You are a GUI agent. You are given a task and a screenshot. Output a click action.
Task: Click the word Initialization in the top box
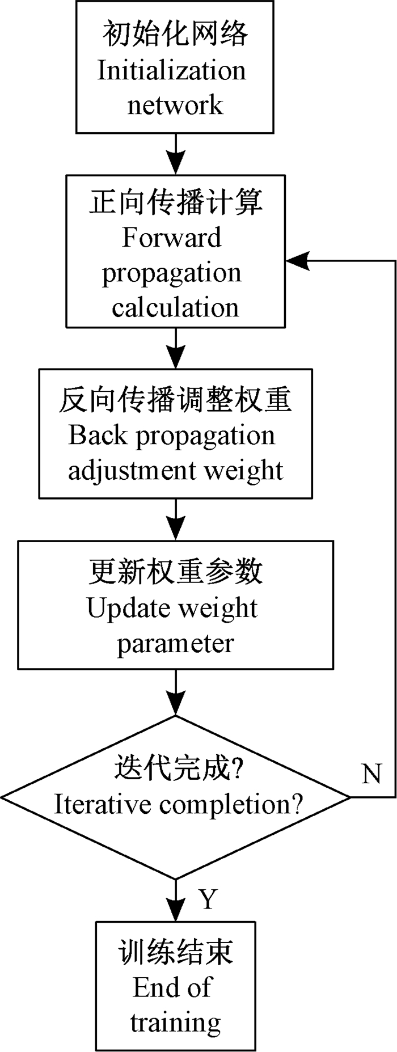[x=172, y=71]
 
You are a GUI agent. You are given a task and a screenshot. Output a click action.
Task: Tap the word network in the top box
[x=175, y=105]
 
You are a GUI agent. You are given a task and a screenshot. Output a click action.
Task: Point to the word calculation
[x=175, y=307]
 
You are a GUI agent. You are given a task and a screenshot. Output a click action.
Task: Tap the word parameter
[x=175, y=644]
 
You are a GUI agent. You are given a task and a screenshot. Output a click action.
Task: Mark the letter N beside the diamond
[x=371, y=774]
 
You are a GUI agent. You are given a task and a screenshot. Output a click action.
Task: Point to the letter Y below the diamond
[x=209, y=899]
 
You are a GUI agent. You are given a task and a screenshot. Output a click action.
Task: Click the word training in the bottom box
[x=175, y=1023]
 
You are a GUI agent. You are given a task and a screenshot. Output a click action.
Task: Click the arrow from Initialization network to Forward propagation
[x=176, y=154]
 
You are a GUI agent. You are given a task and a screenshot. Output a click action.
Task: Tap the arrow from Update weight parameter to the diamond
[x=176, y=692]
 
